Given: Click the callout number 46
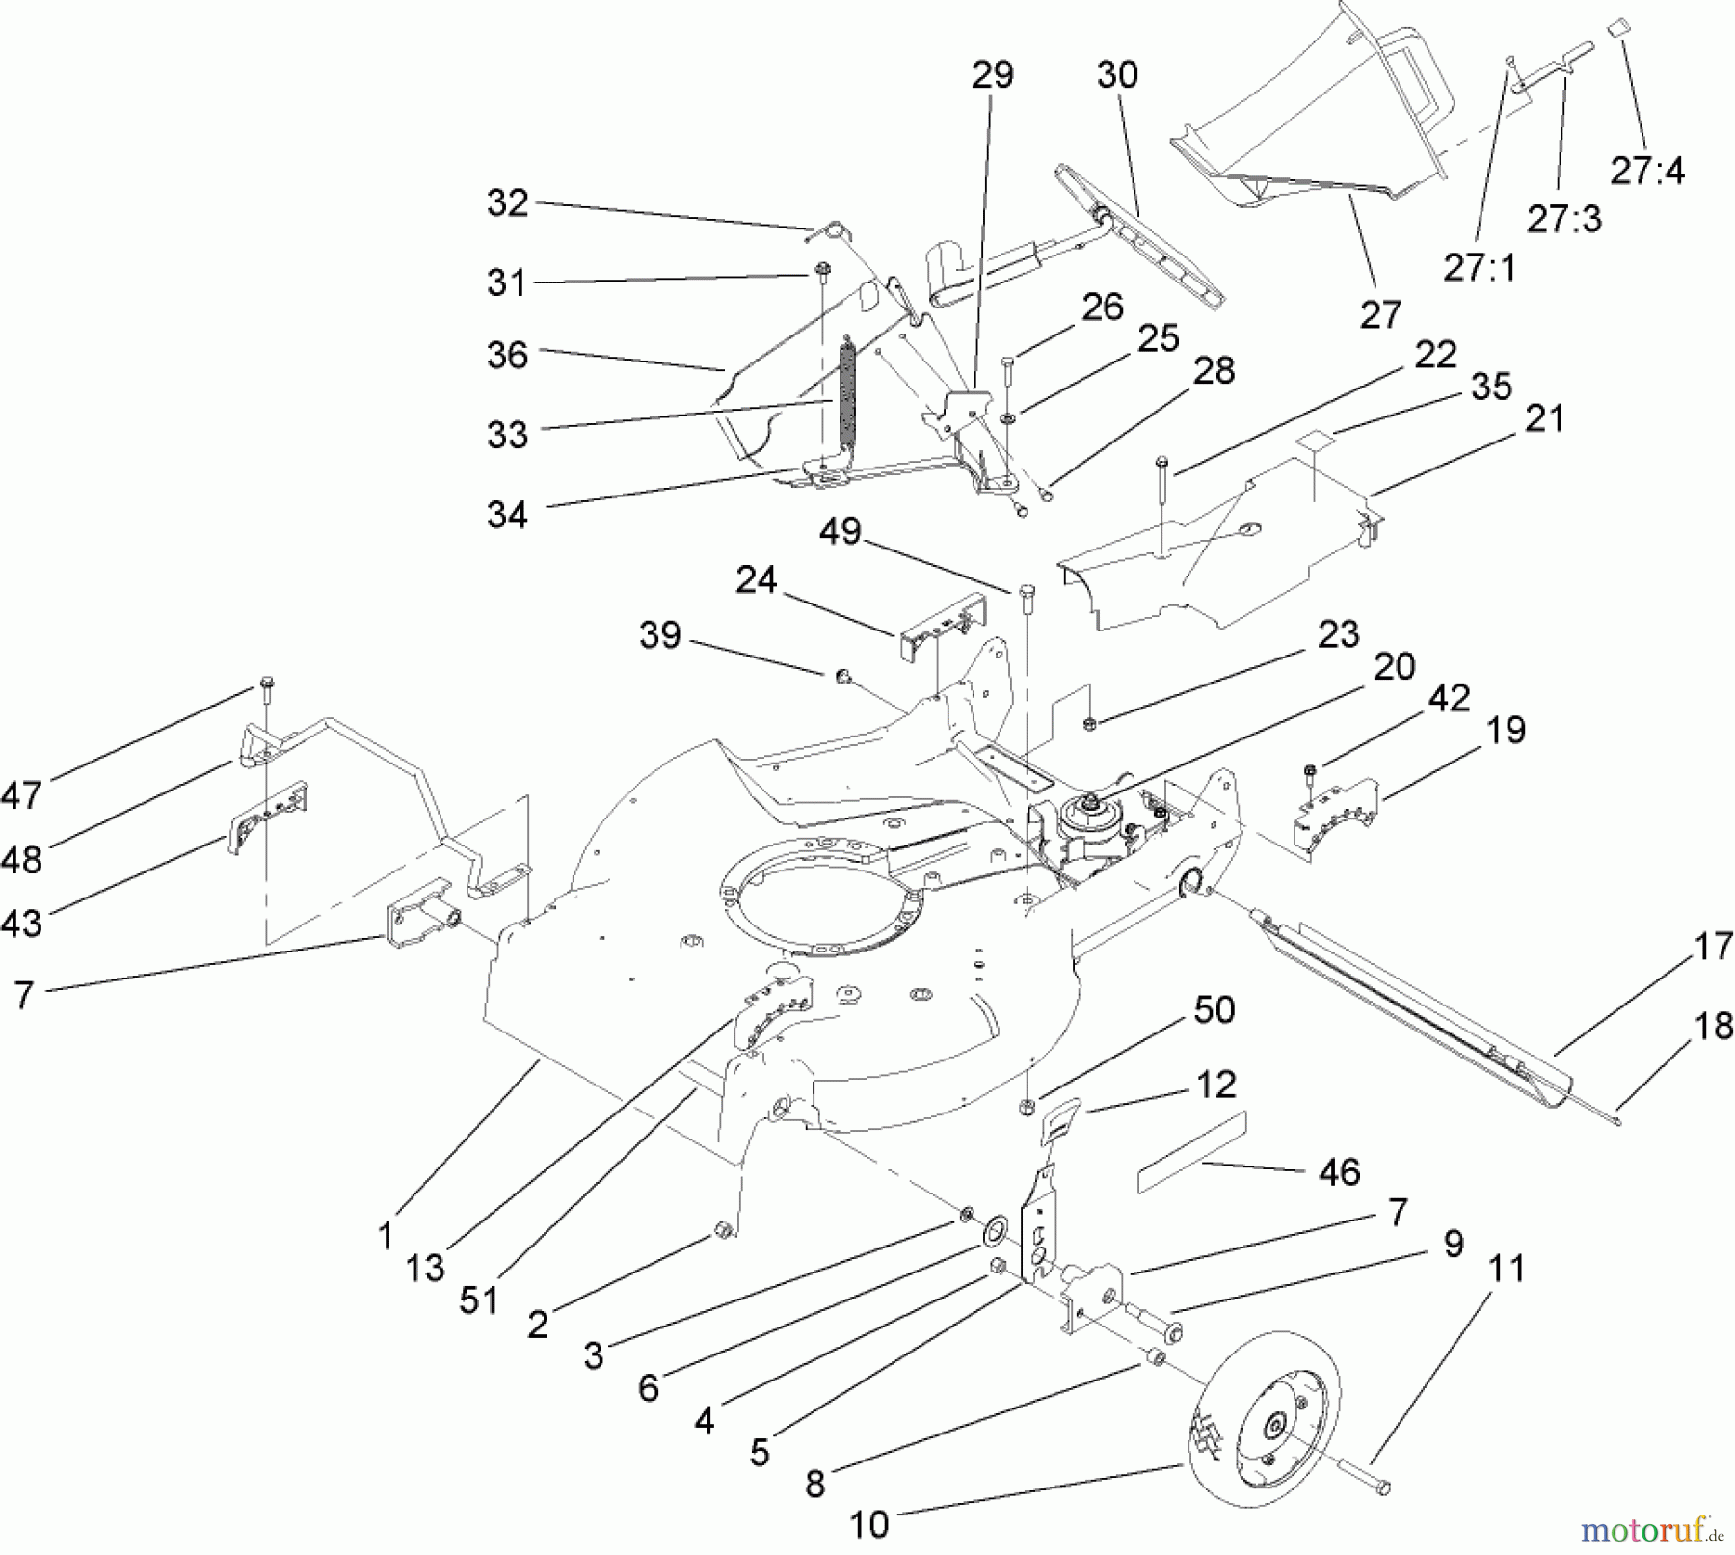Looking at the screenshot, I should [x=1338, y=1171].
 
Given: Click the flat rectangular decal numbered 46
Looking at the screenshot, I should [x=1191, y=1152].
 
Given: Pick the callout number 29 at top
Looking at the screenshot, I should [x=992, y=74].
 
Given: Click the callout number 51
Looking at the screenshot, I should [x=478, y=1299].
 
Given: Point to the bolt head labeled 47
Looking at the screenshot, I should [x=267, y=686].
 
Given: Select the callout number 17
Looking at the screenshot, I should [x=1713, y=946].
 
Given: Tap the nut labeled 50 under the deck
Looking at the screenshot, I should [x=1028, y=1106].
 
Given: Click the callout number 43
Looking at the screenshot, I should [x=21, y=923].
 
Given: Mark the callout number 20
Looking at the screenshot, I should [x=1393, y=666].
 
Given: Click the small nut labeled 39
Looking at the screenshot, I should [x=841, y=676].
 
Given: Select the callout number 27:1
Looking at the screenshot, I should [x=1479, y=267].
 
